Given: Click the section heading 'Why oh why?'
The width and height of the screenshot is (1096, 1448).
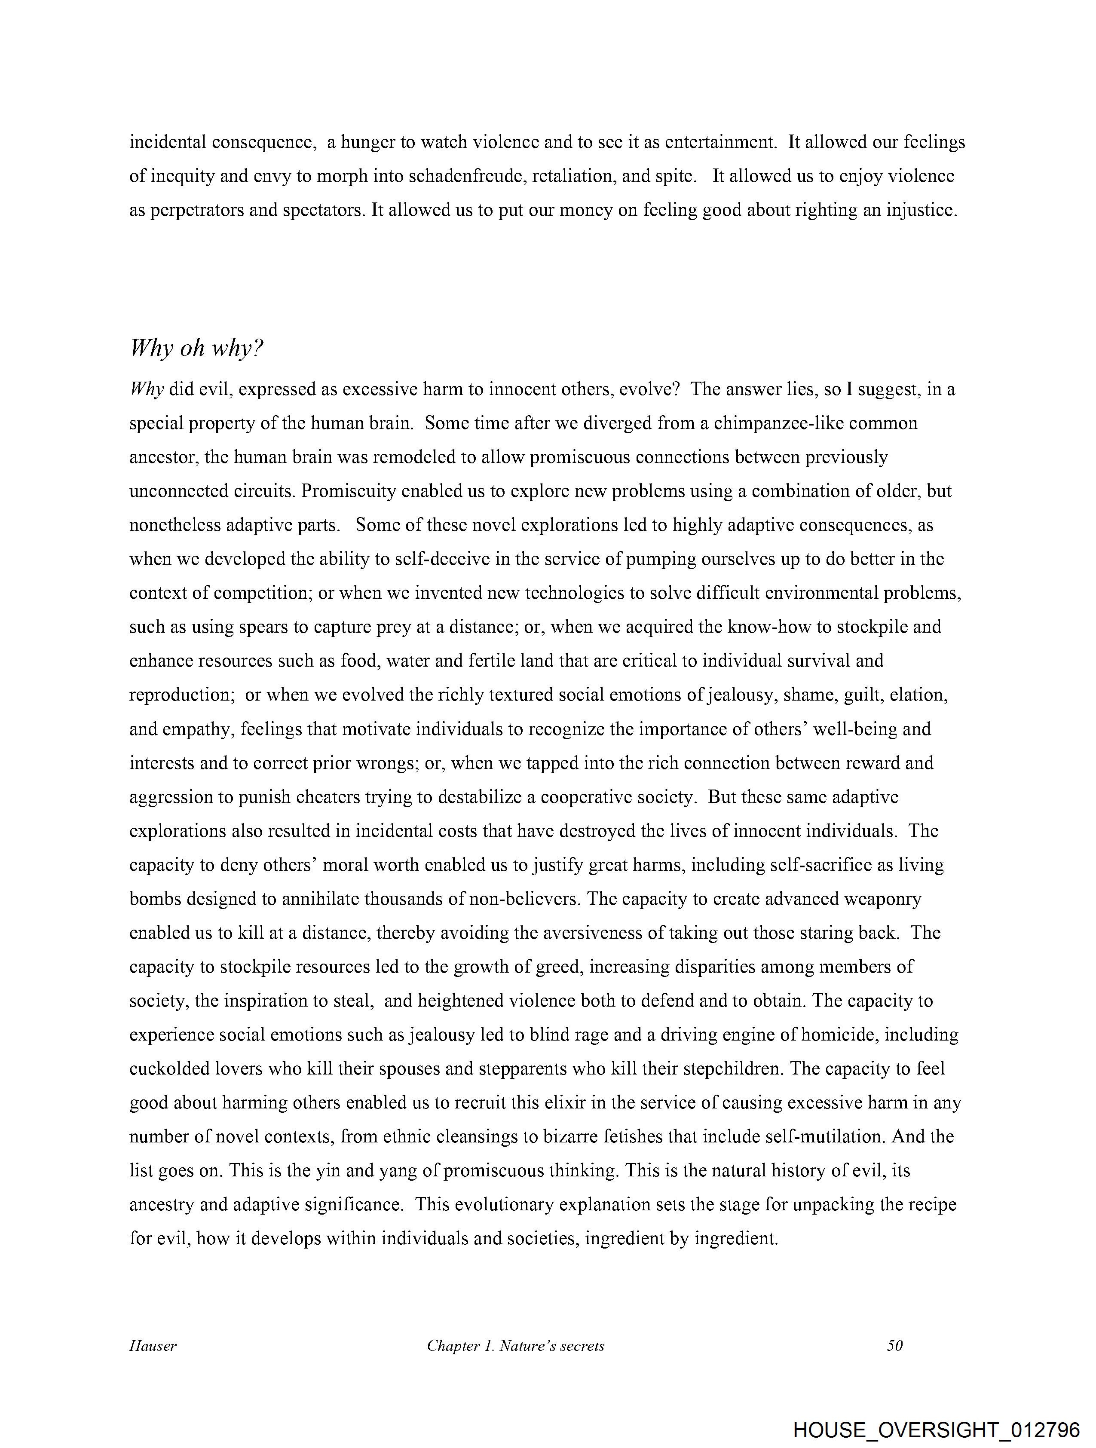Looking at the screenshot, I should [x=196, y=348].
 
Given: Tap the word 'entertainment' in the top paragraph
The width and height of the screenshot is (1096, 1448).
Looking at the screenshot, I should [x=720, y=142].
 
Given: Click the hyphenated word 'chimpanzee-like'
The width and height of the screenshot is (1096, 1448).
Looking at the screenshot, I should [x=776, y=423].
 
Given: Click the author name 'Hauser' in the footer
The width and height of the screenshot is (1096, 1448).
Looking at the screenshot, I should [x=153, y=1346].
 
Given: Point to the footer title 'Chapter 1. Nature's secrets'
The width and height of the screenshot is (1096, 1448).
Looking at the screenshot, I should [x=515, y=1346].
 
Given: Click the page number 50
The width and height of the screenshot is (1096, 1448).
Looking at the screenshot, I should [x=894, y=1346].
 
